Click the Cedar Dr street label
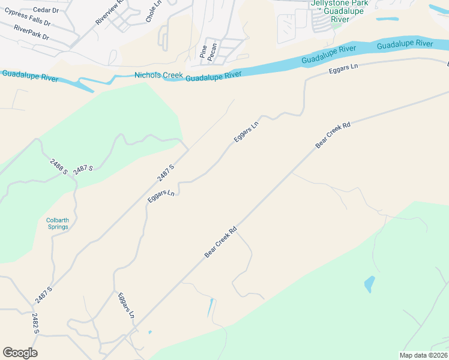pyautogui.click(x=46, y=10)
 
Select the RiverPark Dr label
pyautogui.click(x=31, y=32)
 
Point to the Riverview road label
pyautogui.click(x=109, y=11)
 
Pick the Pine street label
pyautogui.click(x=203, y=50)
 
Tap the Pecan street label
pyautogui.click(x=213, y=50)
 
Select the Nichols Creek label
pyautogui.click(x=158, y=75)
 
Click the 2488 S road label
pyautogui.click(x=59, y=164)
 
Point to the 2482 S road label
pyautogui.click(x=36, y=323)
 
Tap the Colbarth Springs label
pyautogui.click(x=58, y=224)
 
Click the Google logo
pyautogui.click(x=20, y=353)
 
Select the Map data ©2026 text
pyautogui.click(x=424, y=355)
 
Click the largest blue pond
pyautogui.click(x=369, y=284)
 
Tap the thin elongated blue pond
pyautogui.click(x=210, y=308)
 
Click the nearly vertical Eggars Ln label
pyautogui.click(x=126, y=305)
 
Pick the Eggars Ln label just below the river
pyautogui.click(x=343, y=69)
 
